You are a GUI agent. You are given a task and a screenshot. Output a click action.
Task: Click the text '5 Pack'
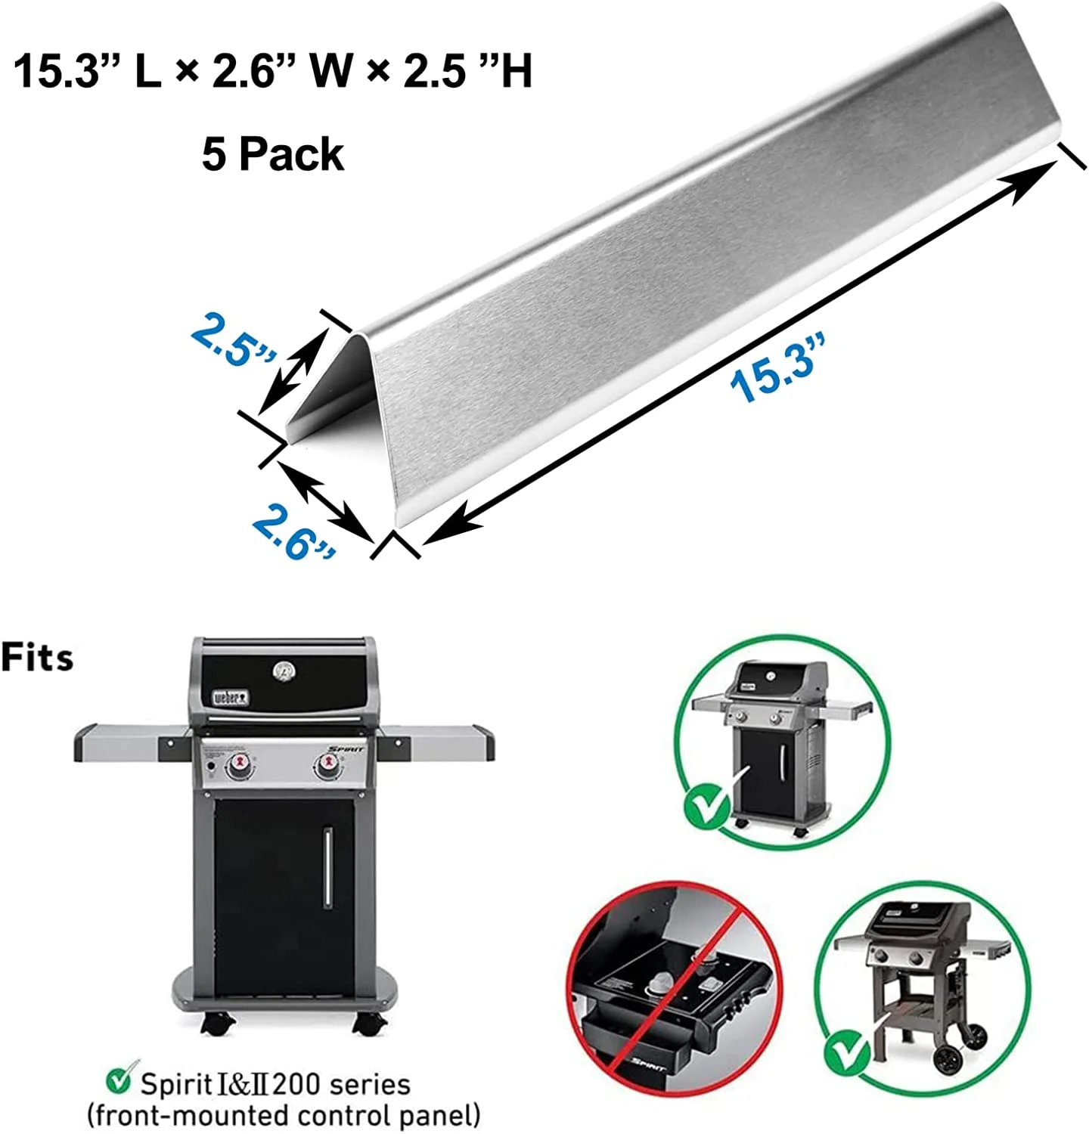click(273, 154)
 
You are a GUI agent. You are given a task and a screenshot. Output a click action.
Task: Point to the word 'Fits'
click(37, 657)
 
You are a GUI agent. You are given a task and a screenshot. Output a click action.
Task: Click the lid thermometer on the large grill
click(284, 671)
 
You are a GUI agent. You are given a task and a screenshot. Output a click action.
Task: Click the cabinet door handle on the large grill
click(328, 866)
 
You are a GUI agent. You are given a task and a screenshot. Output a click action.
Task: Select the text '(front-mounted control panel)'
click(284, 1116)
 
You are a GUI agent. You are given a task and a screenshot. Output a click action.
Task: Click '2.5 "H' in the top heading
click(467, 72)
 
